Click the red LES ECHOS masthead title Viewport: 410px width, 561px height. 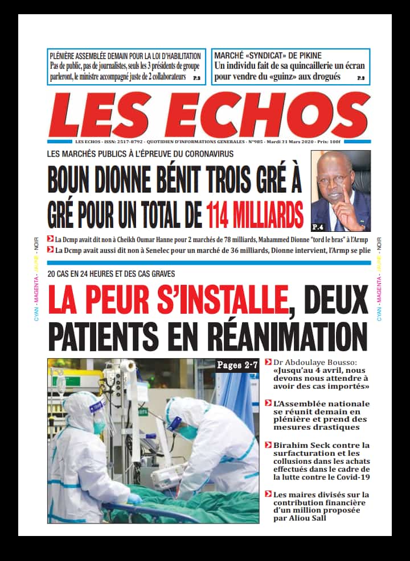[x=208, y=115]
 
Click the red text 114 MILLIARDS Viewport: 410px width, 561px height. [x=254, y=215]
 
